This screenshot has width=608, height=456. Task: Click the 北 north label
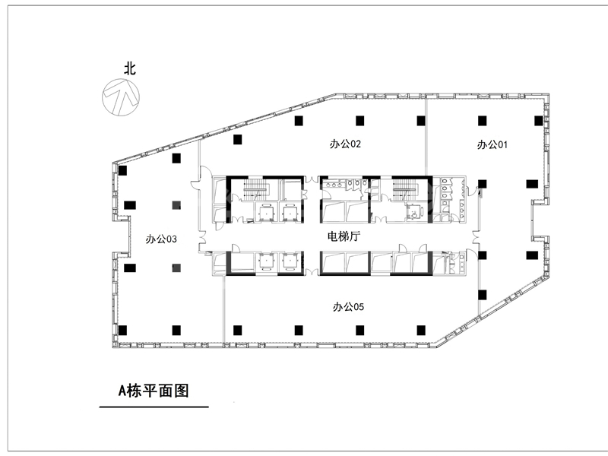point(130,68)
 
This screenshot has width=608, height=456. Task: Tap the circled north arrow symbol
point(121,97)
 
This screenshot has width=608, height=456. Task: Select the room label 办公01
point(492,144)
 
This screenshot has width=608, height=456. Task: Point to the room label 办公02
point(345,144)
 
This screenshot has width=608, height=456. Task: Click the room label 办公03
point(161,239)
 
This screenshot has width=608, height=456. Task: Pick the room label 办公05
point(348,307)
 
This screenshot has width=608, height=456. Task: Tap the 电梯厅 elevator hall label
point(344,236)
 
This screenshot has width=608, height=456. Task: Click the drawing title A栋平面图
point(154,391)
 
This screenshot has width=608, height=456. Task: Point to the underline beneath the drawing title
point(154,407)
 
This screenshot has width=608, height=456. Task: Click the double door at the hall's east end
point(477,238)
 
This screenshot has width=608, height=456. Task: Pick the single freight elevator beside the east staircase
point(413,212)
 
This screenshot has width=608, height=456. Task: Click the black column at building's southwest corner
point(122,331)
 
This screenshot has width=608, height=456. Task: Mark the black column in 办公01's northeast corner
point(538,121)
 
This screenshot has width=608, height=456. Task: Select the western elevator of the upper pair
point(265,212)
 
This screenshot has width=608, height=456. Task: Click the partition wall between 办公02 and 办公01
point(426,137)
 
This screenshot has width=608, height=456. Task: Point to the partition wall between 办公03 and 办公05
point(224,309)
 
